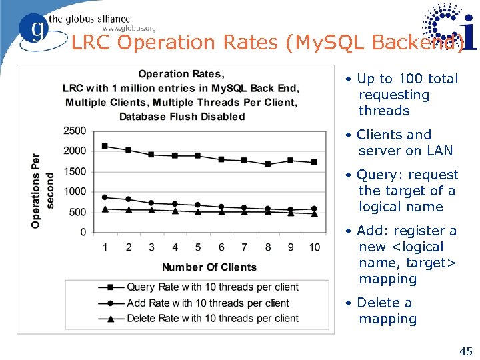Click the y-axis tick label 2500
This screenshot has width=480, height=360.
coord(74,131)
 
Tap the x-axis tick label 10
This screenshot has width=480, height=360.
coord(314,247)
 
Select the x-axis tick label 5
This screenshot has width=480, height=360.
coord(198,247)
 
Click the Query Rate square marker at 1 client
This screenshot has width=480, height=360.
coord(105,146)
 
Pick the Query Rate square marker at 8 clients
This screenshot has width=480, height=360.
coord(267,164)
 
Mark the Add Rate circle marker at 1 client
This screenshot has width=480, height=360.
coord(105,197)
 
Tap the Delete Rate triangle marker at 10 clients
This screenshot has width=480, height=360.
coord(314,214)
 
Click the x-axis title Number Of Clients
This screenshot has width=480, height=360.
coord(209,267)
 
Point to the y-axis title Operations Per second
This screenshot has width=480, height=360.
coord(43,191)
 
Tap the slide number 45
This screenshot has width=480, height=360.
coord(465,351)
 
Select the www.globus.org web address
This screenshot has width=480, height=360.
coord(129,28)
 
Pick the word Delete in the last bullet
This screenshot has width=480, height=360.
coord(380,303)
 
